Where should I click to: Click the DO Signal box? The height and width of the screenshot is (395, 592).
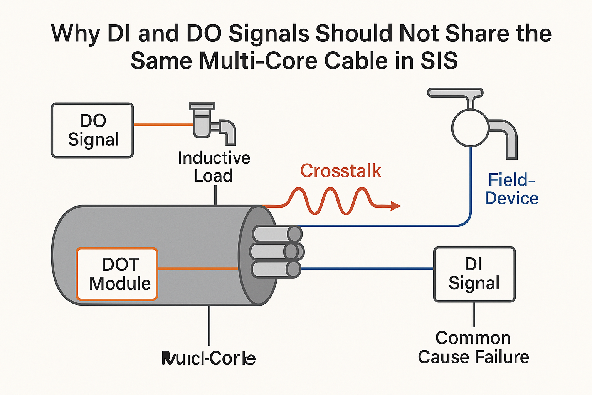[x=92, y=130]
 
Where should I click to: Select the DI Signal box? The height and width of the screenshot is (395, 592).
[x=474, y=274]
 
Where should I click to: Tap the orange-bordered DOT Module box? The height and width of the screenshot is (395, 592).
[x=117, y=274]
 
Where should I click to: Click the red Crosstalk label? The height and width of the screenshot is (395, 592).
[x=341, y=171]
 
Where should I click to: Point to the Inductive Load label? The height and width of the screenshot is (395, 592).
[x=214, y=167]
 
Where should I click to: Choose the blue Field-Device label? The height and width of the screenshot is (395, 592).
[x=511, y=189]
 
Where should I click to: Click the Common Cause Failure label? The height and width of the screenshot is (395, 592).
[x=473, y=347]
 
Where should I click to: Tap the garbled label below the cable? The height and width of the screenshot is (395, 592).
[x=209, y=358]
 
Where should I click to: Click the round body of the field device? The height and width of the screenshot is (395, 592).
[x=470, y=128]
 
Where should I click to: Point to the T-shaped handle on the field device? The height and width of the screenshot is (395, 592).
[x=455, y=93]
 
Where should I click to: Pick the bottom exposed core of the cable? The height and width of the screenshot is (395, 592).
[x=276, y=269]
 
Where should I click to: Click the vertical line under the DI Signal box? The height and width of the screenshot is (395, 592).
[x=474, y=314]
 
